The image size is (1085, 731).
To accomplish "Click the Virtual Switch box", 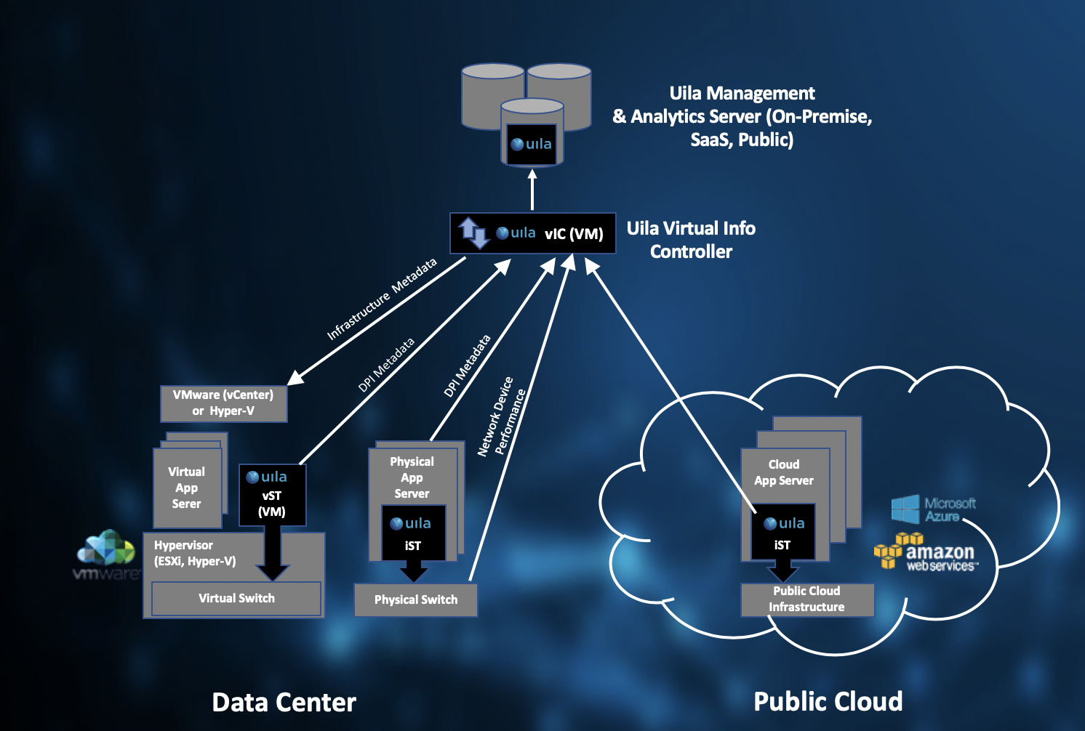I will [x=236, y=599].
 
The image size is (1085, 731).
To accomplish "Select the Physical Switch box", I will [x=416, y=600].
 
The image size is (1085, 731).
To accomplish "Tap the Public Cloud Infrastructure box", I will [x=807, y=599].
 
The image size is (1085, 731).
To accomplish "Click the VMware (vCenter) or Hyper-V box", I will [x=223, y=403].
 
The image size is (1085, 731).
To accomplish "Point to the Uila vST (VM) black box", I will [x=272, y=495].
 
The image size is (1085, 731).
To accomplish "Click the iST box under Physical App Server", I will [x=413, y=533].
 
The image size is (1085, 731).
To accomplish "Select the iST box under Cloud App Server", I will [x=782, y=533].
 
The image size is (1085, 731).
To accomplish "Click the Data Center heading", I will [x=284, y=703].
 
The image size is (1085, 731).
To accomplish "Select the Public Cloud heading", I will [x=828, y=702].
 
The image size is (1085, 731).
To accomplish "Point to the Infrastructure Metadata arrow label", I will [x=382, y=299].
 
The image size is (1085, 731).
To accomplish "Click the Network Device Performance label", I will [x=502, y=416].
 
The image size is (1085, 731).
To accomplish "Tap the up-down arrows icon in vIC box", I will [x=473, y=233].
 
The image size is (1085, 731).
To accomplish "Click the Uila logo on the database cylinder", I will [x=532, y=144].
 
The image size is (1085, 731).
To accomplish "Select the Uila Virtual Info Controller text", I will [x=691, y=240].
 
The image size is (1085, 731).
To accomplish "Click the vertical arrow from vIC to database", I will [x=532, y=190].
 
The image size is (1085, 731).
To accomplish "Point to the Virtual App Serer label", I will [x=187, y=488].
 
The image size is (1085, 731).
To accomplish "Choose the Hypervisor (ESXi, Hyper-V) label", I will [x=195, y=553].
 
